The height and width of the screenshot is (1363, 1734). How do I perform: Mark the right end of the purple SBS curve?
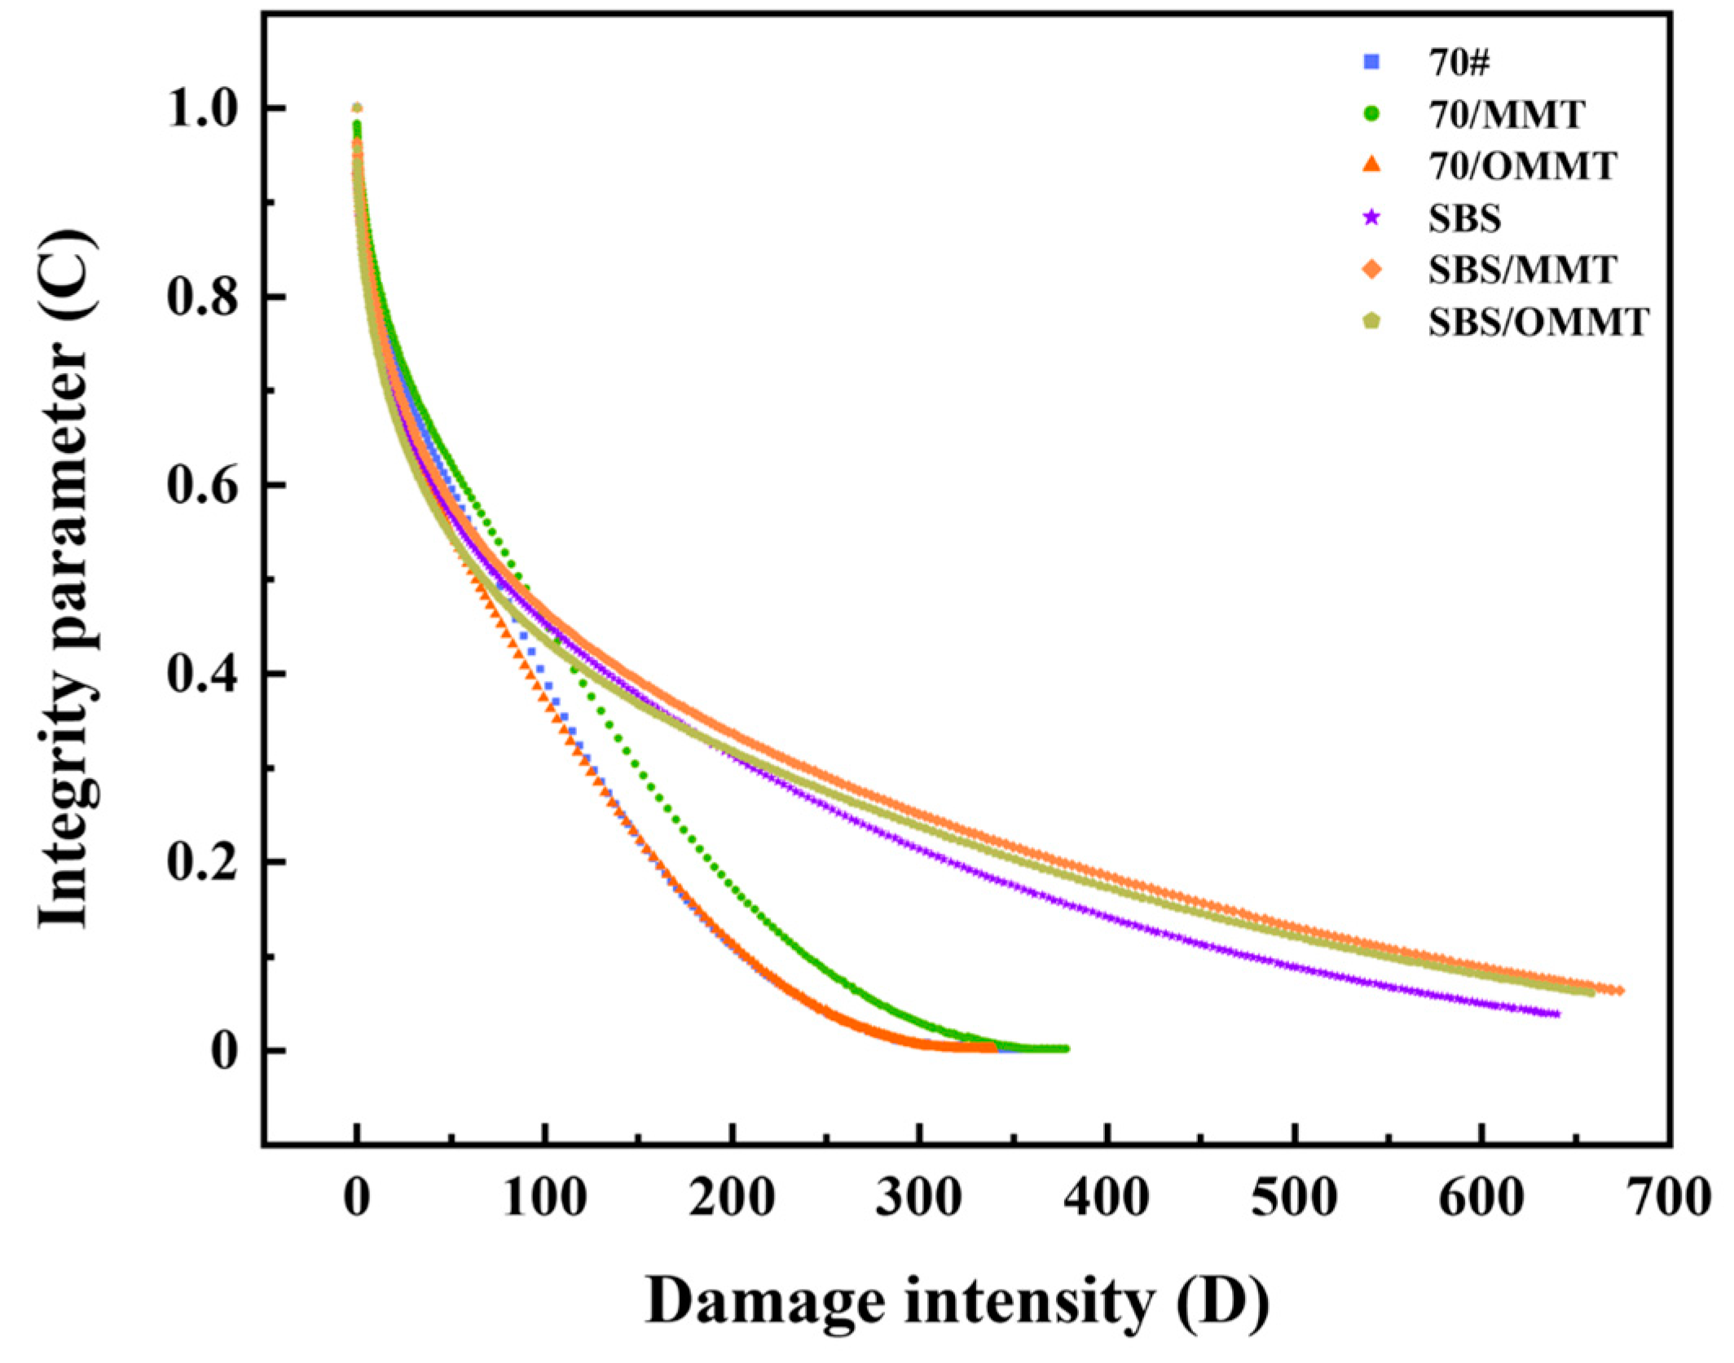(x=1556, y=1014)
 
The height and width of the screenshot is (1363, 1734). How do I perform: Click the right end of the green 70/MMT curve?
(x=1065, y=1049)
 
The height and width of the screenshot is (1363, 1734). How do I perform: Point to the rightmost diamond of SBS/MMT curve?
(x=1619, y=991)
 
